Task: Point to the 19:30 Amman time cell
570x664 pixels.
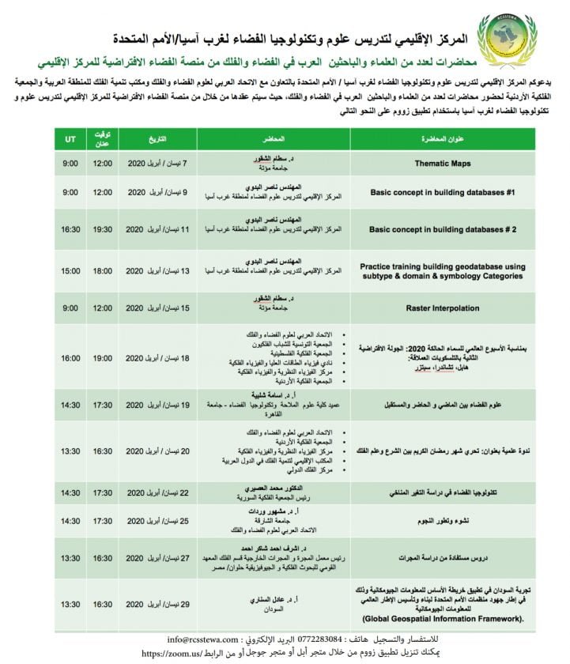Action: click(103, 229)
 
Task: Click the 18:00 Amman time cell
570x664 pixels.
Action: click(103, 271)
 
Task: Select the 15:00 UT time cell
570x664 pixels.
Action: click(70, 271)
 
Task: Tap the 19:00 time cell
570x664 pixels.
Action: click(103, 307)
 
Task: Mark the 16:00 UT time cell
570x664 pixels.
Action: click(70, 358)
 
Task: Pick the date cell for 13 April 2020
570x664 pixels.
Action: click(158, 271)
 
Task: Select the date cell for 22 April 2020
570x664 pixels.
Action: click(158, 492)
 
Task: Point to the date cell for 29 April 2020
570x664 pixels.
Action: click(158, 604)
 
